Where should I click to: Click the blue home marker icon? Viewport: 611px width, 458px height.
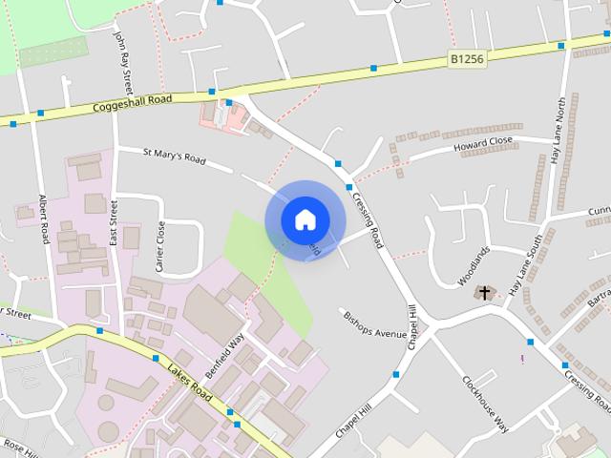305,219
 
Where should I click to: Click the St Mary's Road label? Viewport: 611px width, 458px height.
175,156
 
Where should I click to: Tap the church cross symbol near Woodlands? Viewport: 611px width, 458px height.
485,292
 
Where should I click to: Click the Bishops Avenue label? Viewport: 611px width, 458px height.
373,324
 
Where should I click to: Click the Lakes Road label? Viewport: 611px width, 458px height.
187,382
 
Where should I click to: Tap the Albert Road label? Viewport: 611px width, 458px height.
44,219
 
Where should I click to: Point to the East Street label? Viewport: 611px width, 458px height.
113,222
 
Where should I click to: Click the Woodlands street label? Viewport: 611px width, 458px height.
474,266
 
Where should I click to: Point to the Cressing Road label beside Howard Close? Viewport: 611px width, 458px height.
367,219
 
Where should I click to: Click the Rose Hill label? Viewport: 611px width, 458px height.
19,446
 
